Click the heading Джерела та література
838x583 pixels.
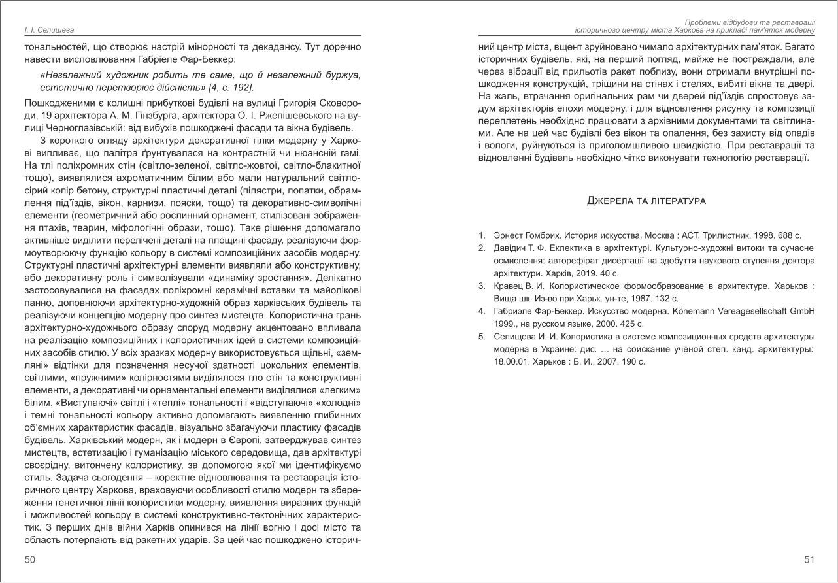point(646,200)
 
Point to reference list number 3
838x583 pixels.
point(481,287)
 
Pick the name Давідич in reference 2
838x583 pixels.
point(509,249)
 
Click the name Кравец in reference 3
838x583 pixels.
point(507,287)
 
